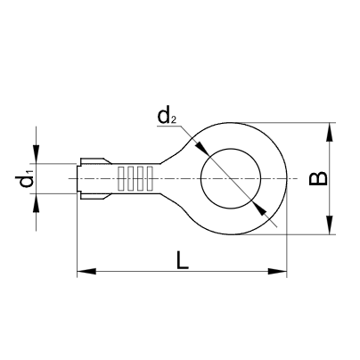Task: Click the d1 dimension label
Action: (25, 181)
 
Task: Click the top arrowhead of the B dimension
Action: (331, 129)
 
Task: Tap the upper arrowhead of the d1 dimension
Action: (37, 155)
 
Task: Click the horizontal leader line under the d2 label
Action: (172, 127)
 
